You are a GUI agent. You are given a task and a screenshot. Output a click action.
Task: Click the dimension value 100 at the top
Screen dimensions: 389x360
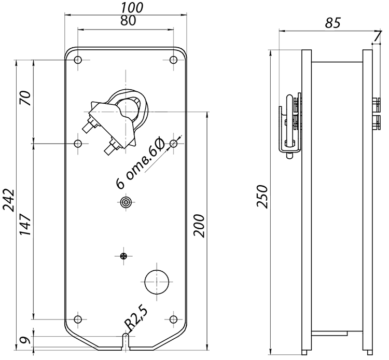[x=132, y=7]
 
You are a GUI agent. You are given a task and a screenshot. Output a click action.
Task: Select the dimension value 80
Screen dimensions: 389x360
[x=128, y=21]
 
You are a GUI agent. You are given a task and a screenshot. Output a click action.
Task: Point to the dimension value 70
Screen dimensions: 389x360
[x=26, y=98]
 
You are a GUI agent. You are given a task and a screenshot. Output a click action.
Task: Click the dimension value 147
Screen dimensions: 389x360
[x=26, y=224]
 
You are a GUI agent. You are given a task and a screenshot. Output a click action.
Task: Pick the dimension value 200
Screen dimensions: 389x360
[x=199, y=226]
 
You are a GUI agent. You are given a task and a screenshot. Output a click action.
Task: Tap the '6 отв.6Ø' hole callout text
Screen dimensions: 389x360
[x=140, y=164]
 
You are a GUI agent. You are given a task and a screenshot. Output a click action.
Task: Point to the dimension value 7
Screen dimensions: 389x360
[x=377, y=37]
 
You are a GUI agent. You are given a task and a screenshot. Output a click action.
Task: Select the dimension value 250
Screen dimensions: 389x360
[x=262, y=196]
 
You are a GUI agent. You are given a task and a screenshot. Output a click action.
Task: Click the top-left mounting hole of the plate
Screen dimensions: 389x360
[x=78, y=60]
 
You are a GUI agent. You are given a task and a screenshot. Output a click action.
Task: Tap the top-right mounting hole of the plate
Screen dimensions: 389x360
[x=173, y=60]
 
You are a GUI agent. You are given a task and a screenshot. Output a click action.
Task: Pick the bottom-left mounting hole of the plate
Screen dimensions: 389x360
[x=78, y=319]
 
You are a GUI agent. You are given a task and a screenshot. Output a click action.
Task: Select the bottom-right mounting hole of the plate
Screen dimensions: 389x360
[x=173, y=319]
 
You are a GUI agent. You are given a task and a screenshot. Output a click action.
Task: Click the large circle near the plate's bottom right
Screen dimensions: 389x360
[x=157, y=282]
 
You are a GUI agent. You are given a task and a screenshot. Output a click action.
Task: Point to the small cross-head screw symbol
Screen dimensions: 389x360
[x=123, y=256]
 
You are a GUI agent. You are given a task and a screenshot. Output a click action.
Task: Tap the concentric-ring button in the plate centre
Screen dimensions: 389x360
[x=126, y=202]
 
